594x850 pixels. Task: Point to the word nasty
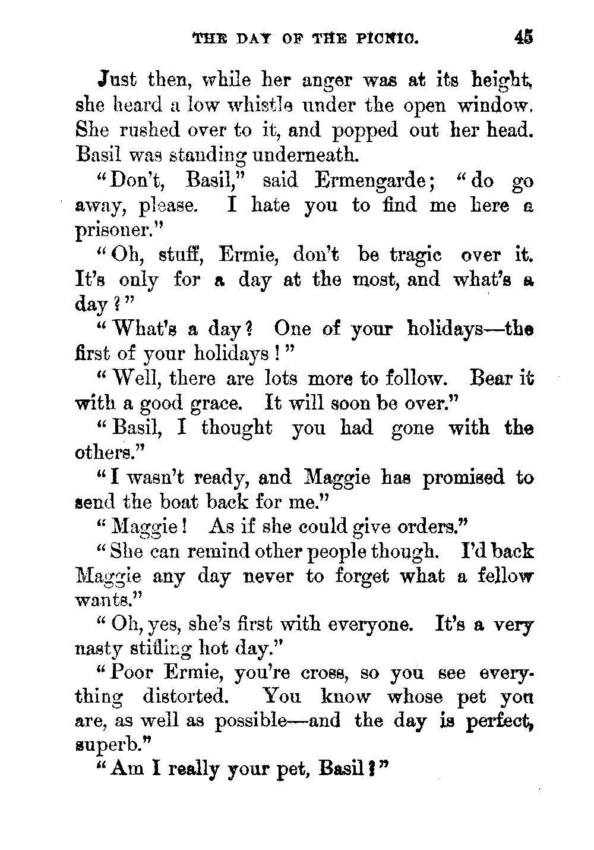click(x=98, y=650)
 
